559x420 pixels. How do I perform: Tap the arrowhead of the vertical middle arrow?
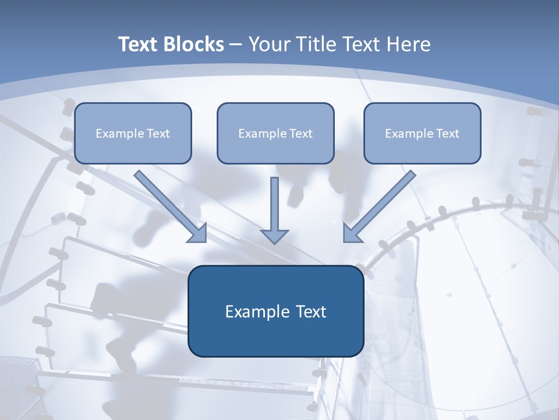(x=274, y=236)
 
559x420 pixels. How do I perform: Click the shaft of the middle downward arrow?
(x=274, y=201)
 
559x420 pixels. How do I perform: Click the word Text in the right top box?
(x=447, y=134)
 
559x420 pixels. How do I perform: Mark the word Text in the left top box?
(x=158, y=134)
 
